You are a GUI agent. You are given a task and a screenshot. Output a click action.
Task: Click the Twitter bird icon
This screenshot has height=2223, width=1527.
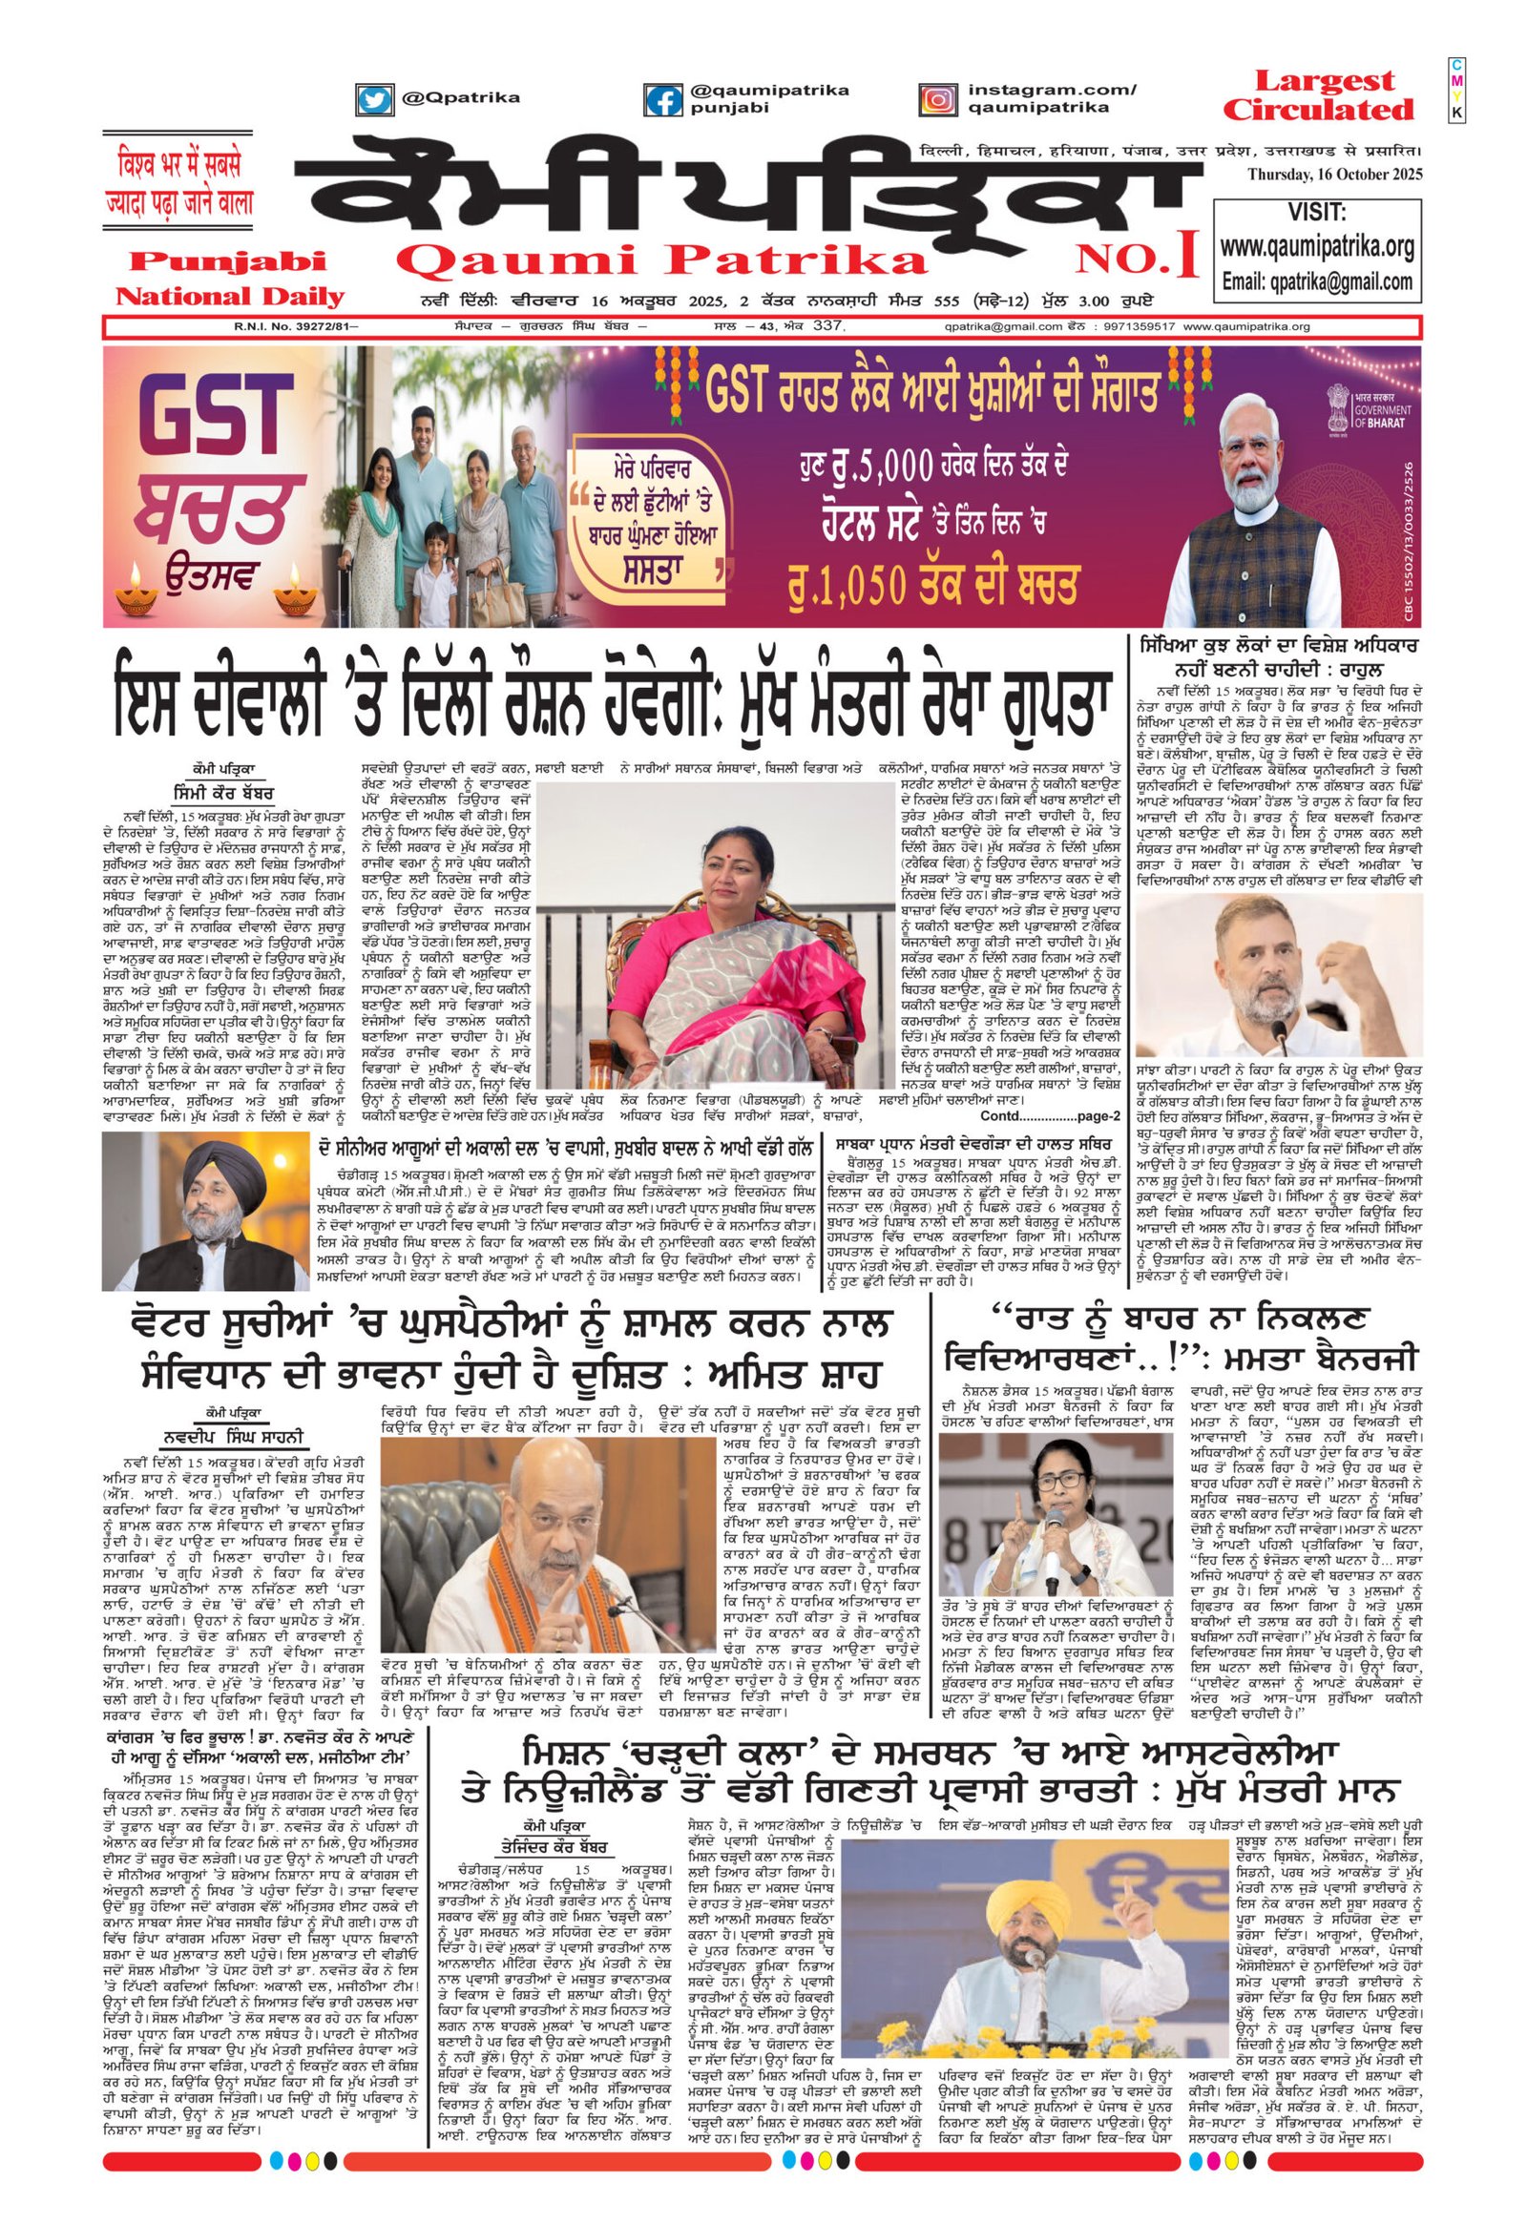[374, 98]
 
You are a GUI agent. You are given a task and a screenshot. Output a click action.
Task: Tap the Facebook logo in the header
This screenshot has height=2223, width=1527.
[663, 99]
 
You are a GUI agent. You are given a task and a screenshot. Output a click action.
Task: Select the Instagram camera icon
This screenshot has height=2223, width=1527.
[938, 98]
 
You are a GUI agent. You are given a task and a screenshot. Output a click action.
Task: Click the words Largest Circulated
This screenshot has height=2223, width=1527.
[1317, 95]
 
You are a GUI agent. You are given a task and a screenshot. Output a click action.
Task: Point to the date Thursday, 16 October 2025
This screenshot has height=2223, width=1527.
[1334, 174]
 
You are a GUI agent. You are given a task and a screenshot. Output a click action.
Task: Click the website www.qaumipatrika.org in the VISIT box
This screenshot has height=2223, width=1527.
[1316, 246]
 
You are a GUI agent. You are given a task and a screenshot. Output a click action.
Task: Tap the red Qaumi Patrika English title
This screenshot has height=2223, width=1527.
[660, 259]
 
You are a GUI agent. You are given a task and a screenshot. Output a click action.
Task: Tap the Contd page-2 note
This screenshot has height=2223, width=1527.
[1050, 1116]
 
